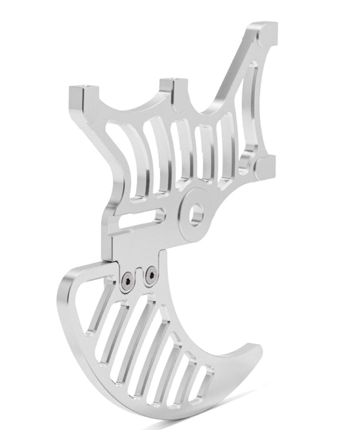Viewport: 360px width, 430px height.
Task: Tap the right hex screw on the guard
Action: (x=150, y=276)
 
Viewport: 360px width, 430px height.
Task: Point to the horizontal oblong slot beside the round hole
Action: (x=141, y=220)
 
